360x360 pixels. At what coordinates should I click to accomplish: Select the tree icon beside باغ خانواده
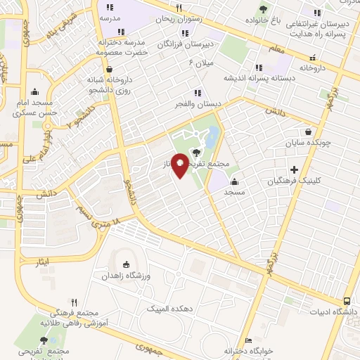click(263, 9)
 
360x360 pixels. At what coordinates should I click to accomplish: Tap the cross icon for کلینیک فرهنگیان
click(294, 169)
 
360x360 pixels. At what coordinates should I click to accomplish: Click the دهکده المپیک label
click(166, 309)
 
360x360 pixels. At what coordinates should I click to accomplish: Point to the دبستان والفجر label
click(199, 103)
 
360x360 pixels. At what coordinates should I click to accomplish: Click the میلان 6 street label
click(201, 63)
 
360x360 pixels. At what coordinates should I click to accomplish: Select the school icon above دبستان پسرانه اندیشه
click(259, 67)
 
